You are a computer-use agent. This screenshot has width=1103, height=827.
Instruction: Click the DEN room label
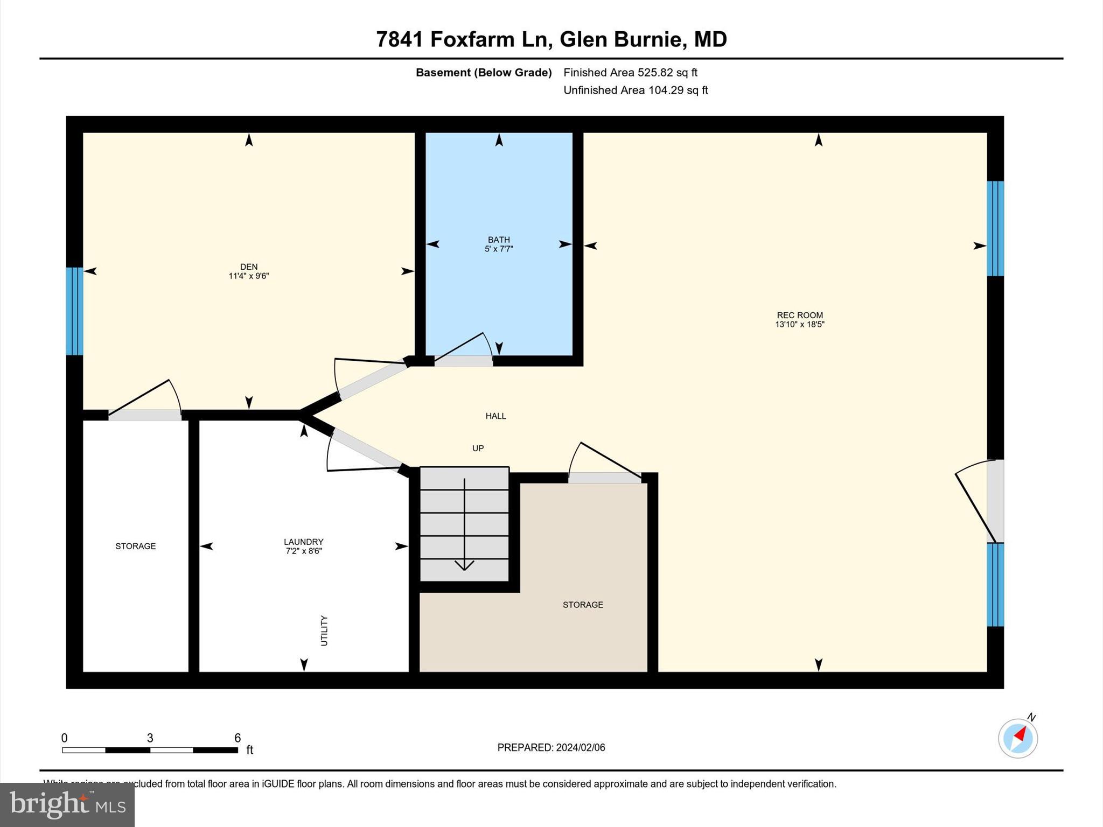point(248,267)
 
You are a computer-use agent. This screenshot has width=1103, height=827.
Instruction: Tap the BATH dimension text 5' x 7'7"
point(499,249)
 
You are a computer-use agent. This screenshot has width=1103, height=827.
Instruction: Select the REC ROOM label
point(799,315)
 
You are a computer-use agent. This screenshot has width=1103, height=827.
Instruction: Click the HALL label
point(495,416)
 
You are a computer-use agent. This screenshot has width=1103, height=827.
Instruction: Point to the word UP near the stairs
point(478,448)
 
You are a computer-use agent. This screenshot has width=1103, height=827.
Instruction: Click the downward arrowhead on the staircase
point(464,565)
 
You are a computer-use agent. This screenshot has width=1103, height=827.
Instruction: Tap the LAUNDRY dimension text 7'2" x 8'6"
point(304,551)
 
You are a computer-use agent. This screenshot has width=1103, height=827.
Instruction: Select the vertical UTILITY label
point(324,630)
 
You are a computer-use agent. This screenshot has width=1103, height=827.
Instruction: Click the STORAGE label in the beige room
point(583,605)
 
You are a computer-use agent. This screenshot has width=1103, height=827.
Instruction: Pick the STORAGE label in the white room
point(135,546)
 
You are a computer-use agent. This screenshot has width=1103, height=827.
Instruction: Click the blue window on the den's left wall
point(74,311)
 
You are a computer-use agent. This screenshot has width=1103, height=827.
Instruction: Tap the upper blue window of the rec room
point(995,228)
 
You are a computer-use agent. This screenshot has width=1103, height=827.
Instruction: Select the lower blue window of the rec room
point(995,585)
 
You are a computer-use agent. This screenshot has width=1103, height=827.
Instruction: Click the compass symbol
point(1017,738)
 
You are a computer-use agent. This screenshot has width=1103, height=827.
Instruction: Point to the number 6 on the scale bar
point(237,738)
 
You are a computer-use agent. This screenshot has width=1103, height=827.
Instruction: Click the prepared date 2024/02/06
point(581,747)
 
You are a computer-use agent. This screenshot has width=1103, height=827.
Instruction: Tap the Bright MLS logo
point(67,804)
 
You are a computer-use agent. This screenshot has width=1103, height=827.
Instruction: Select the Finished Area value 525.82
point(655,72)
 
